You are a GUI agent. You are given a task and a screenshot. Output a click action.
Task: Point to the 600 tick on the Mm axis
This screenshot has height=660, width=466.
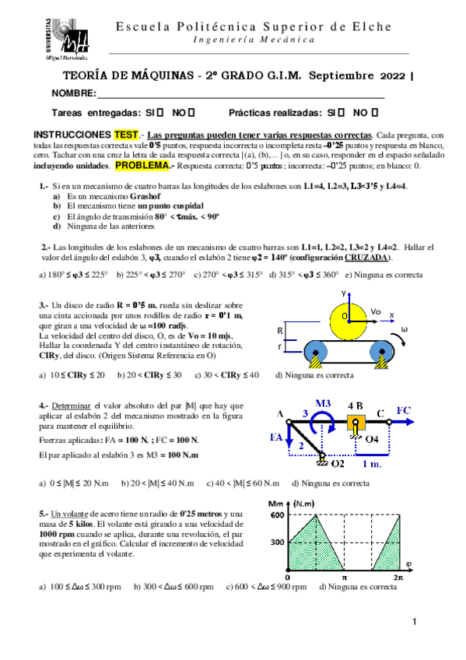point(275,515)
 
